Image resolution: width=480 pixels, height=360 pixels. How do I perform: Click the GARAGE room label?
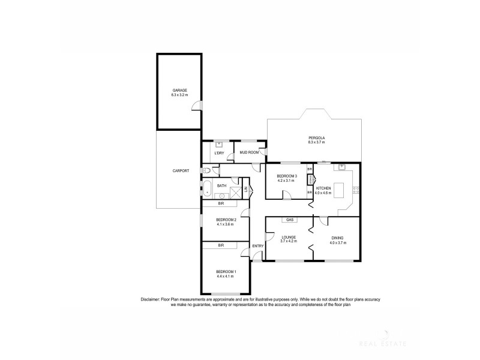179,90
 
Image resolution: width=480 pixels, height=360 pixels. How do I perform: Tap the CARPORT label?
181,171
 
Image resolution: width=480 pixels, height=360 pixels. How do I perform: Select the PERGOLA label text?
316,137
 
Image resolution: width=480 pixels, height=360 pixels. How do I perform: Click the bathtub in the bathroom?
206,189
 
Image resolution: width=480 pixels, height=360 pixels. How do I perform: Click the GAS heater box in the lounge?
289,220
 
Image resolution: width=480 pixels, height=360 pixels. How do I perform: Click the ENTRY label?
258,246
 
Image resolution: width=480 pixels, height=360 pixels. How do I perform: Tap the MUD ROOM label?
249,152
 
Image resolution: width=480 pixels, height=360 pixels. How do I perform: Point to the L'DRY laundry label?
219,153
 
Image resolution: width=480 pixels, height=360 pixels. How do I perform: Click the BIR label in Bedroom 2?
221,203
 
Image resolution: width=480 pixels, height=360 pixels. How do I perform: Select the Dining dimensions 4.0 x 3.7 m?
338,242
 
